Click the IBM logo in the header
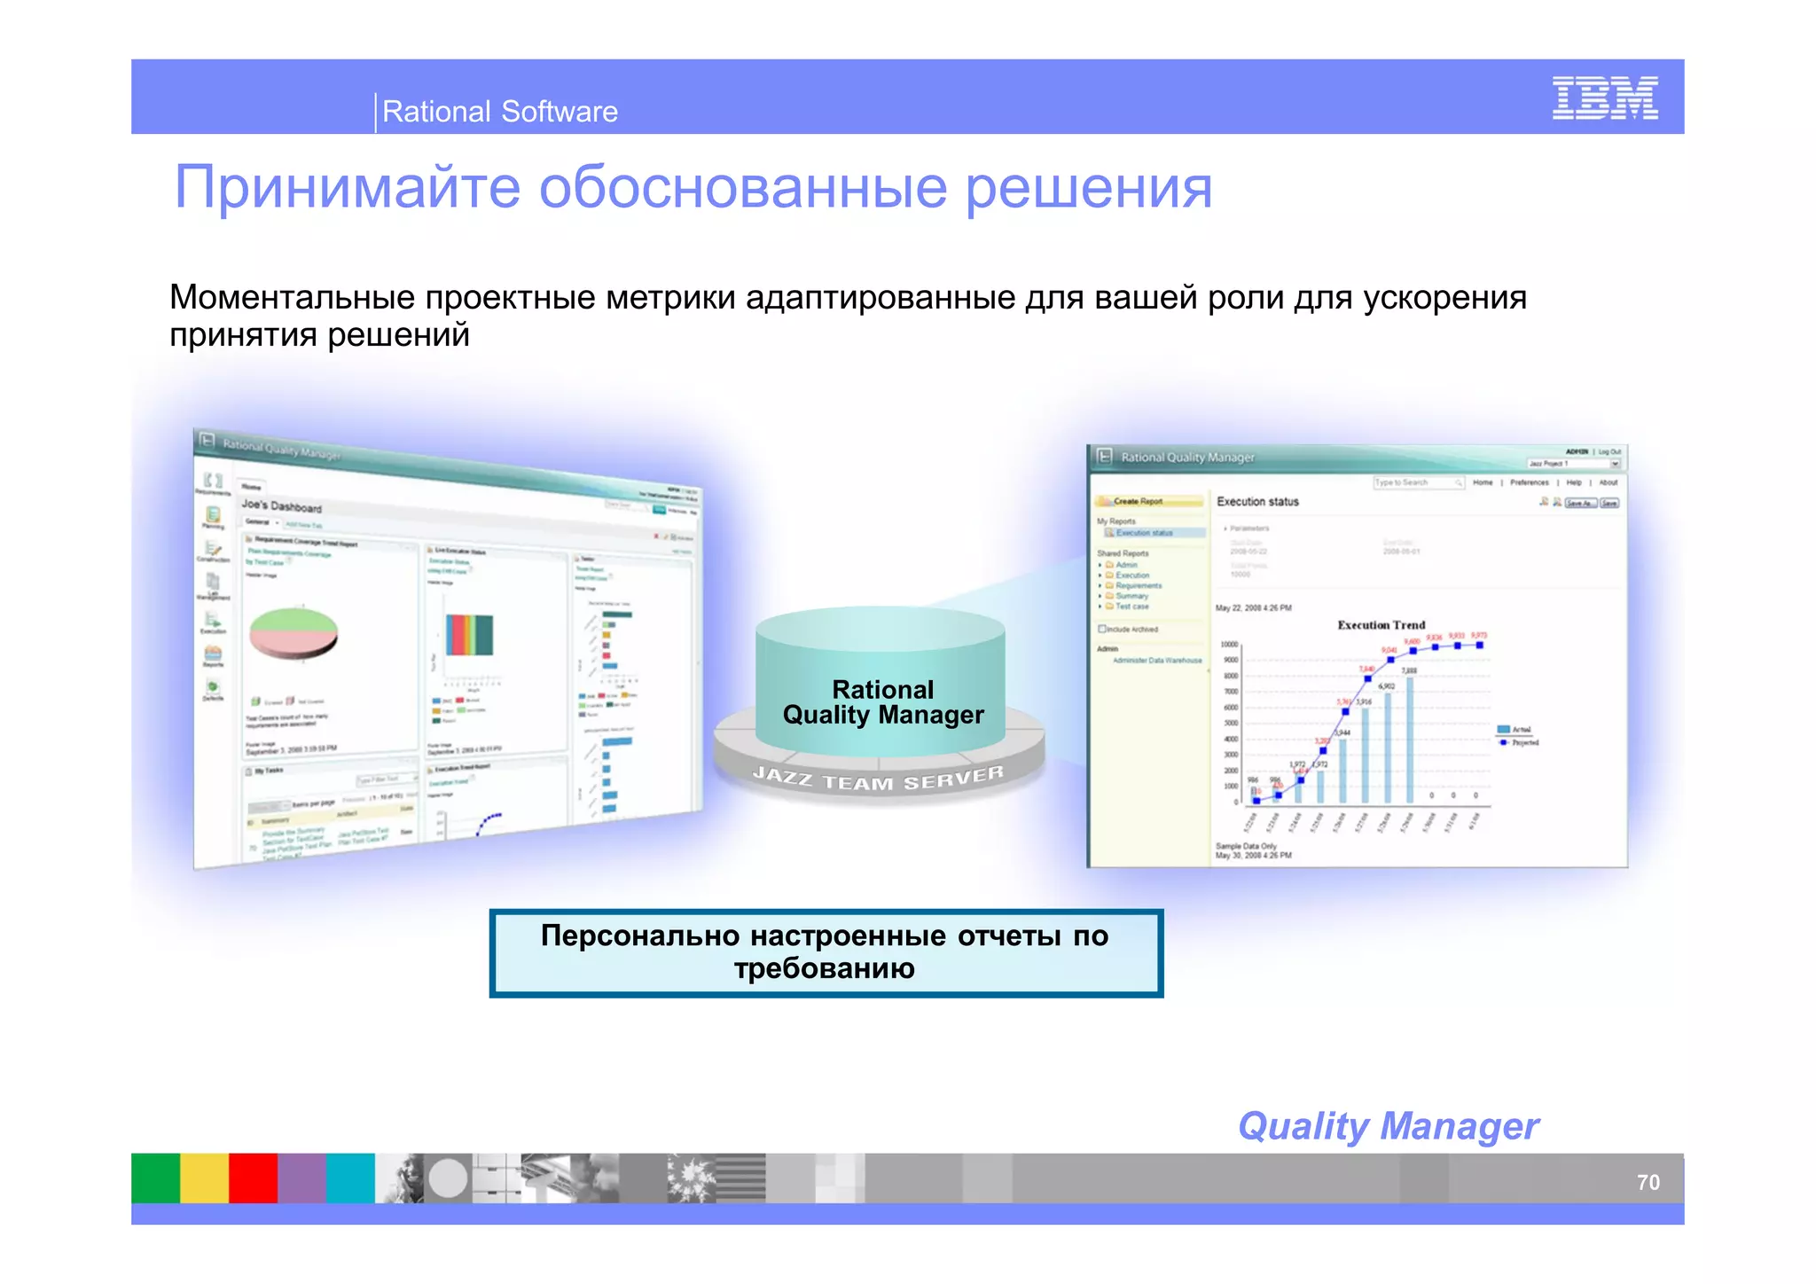pos(1604,98)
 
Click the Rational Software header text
pos(499,112)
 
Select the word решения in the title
pos(1088,187)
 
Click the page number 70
pos(1648,1182)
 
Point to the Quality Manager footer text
pos(1388,1126)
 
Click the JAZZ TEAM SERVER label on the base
pos(878,779)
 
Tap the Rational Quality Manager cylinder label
pos(883,702)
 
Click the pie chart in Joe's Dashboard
pos(293,632)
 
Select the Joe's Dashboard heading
pos(281,505)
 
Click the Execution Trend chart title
pos(1381,625)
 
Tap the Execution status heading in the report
pos(1257,502)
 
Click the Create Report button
pos(1138,501)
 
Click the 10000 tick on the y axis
pos(1229,645)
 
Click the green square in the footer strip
pos(155,1178)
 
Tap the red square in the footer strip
pos(253,1178)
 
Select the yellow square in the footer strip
pos(204,1178)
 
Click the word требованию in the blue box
pos(824,968)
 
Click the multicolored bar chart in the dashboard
pos(469,635)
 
